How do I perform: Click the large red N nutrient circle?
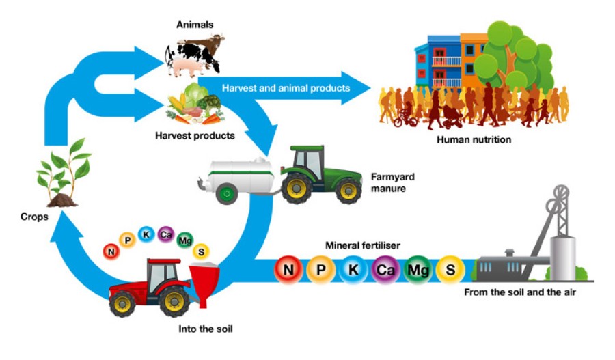point(288,269)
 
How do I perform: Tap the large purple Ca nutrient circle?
point(385,269)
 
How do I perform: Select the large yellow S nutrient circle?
point(450,269)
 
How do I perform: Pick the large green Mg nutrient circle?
point(418,269)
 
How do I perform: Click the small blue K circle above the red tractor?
point(146,234)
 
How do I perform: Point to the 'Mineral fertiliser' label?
point(362,245)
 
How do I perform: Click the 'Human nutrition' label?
point(474,139)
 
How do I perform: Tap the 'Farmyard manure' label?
point(393,182)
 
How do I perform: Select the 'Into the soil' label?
point(205,329)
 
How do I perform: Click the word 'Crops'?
point(34,217)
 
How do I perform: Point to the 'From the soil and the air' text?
point(520,292)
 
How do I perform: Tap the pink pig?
point(185,67)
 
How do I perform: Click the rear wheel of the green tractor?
point(297,189)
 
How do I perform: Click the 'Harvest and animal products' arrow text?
point(286,88)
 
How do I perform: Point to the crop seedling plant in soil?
point(64,173)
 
